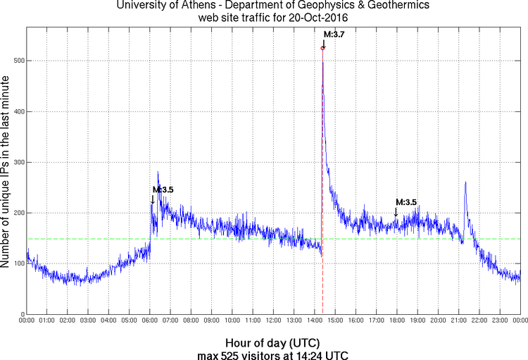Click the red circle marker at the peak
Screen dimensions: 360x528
(322, 48)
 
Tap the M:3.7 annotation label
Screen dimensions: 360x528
(334, 34)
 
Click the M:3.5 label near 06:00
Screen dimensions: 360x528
(163, 190)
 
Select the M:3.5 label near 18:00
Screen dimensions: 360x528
(406, 202)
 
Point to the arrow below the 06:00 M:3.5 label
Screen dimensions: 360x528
(153, 200)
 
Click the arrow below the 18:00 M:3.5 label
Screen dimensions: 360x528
(396, 212)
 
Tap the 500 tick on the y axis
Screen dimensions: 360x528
(18, 61)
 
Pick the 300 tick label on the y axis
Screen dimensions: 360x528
(18, 162)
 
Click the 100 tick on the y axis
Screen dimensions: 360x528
(18, 263)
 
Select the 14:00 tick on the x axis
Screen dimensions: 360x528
(314, 321)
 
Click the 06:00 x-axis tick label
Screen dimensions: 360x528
(150, 321)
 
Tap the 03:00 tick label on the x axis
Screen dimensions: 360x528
(88, 321)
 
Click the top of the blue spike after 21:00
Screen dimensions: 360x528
(465, 182)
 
